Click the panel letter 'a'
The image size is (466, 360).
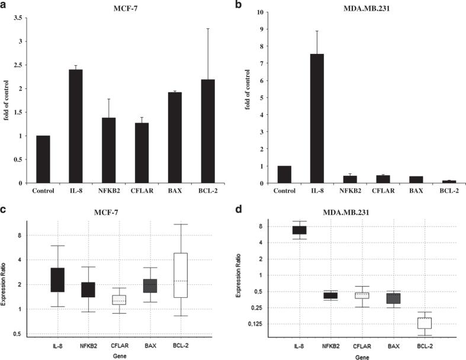click(x=5, y=5)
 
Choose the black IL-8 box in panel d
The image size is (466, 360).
click(x=299, y=230)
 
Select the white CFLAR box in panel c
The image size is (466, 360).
click(x=119, y=300)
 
